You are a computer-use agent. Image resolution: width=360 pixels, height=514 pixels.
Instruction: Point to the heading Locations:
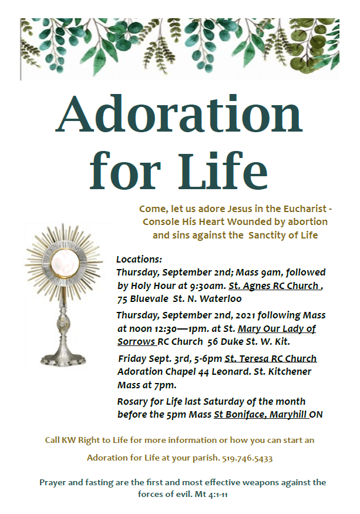139,259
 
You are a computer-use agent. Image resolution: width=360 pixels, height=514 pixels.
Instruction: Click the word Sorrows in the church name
136,341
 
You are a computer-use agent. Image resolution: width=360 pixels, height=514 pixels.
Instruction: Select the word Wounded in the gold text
231,222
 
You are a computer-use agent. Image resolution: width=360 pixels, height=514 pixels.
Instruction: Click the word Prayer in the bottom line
53,482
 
